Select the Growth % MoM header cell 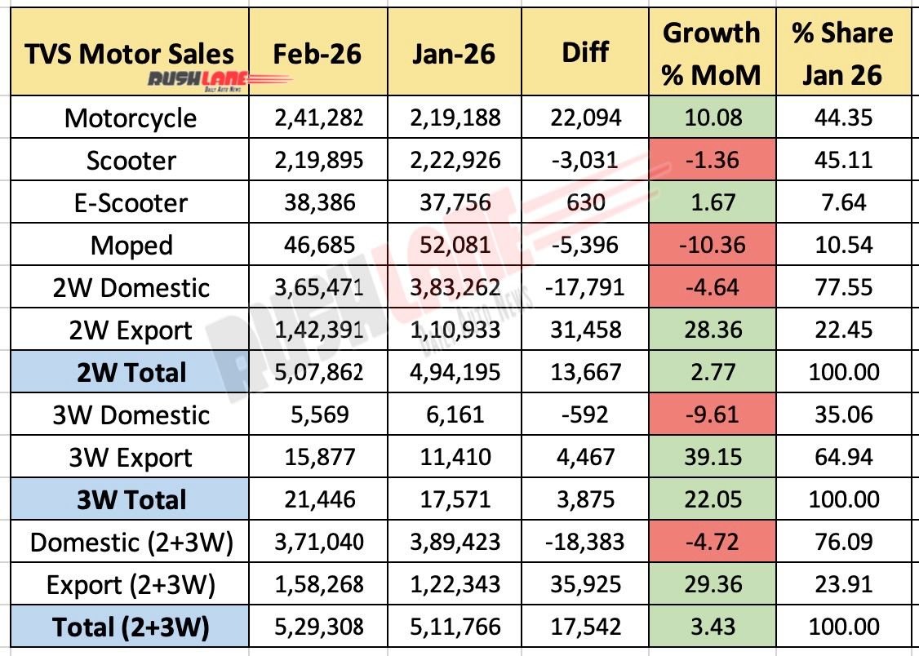pos(710,54)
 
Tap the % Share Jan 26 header pos(841,54)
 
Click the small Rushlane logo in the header pos(219,80)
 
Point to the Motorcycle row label pos(131,118)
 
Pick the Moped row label pos(131,246)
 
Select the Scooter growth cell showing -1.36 pos(710,161)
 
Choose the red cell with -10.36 pos(710,246)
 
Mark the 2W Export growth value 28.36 pos(710,330)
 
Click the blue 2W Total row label pos(131,373)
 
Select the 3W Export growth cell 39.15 pos(710,458)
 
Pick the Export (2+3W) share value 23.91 pos(841,585)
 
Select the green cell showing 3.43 pos(710,627)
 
